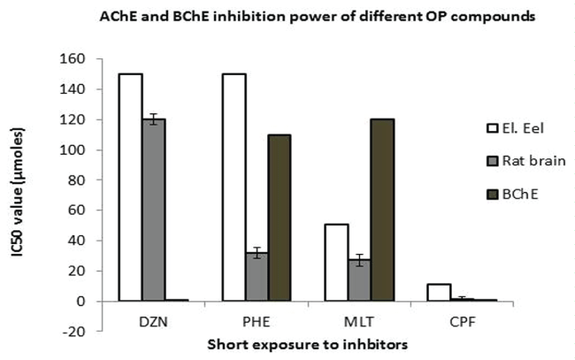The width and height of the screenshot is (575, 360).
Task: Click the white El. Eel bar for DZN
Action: click(131, 188)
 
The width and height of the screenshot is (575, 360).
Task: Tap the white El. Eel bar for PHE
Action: click(233, 188)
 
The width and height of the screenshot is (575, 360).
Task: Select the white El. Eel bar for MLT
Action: click(333, 263)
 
